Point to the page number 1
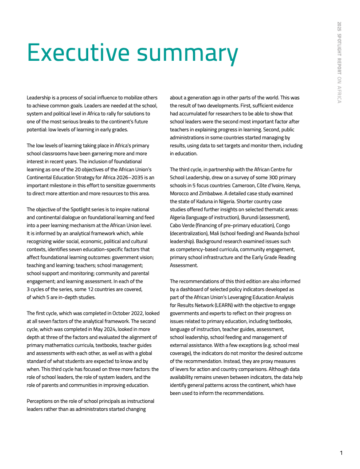pyautogui.click(x=341, y=453)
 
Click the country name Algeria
pyautogui.click(x=177, y=217)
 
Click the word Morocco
pyautogui.click(x=180, y=193)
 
